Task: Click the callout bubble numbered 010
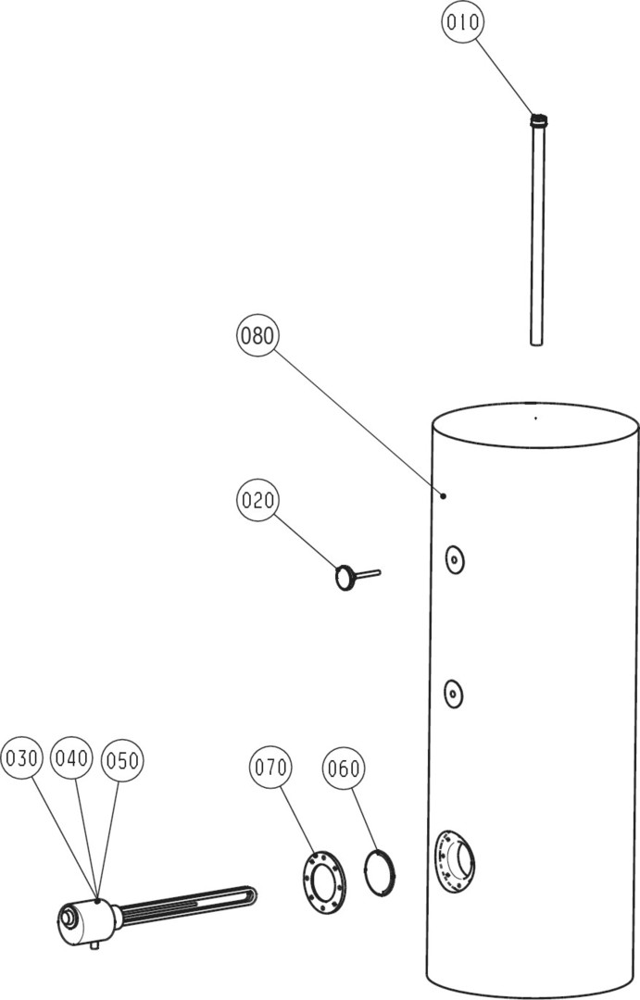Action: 462,22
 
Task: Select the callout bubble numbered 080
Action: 257,335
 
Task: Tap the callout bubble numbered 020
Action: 257,500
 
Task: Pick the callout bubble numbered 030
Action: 22,759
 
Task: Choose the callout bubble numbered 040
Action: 71,759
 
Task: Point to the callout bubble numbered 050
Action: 122,760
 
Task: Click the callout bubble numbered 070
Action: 270,768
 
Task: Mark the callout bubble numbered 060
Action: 344,769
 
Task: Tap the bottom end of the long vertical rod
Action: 536,343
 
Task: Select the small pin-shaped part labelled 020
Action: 356,577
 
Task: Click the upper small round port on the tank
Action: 455,560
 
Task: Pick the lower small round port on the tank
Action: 454,693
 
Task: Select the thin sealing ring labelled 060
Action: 380,872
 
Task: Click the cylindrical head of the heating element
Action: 85,921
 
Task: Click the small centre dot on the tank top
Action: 535,419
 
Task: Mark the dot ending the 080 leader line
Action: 444,495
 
